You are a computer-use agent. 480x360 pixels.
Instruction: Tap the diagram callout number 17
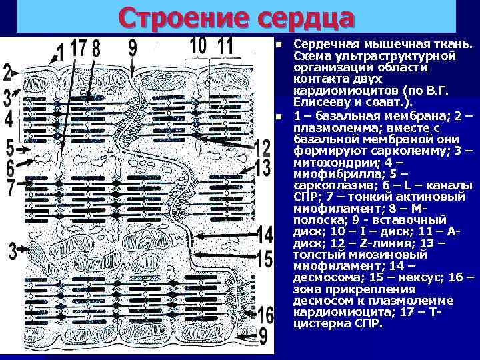(x=79, y=50)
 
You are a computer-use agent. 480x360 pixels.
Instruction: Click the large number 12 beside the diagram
(x=263, y=148)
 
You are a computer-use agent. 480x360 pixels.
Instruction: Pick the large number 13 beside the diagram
(x=263, y=166)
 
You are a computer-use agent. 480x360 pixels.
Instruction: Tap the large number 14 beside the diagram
(x=264, y=234)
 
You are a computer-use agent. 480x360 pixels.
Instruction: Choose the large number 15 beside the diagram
(x=264, y=258)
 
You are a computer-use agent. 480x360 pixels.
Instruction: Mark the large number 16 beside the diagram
(x=265, y=313)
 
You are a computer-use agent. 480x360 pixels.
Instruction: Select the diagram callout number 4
(x=8, y=120)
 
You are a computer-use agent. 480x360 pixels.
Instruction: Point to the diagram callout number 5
(x=9, y=146)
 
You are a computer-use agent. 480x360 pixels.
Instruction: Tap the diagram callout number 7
(x=10, y=187)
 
